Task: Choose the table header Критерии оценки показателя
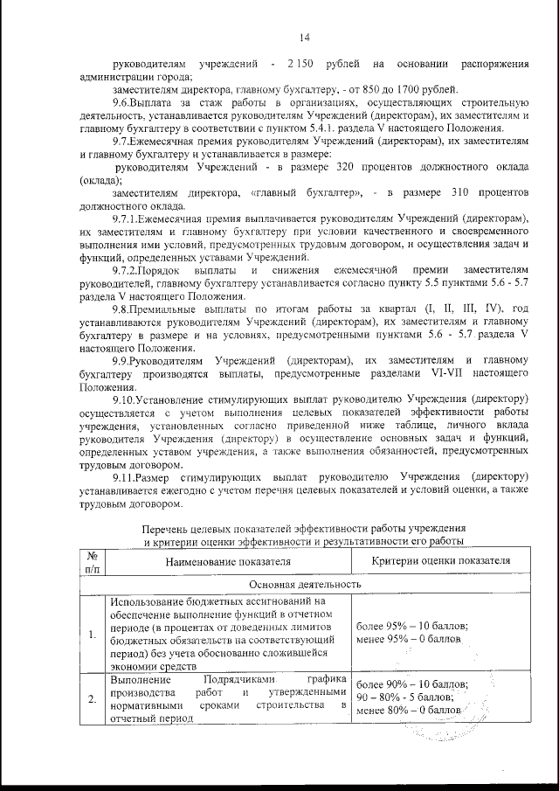point(437,562)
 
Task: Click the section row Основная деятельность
point(305,583)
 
